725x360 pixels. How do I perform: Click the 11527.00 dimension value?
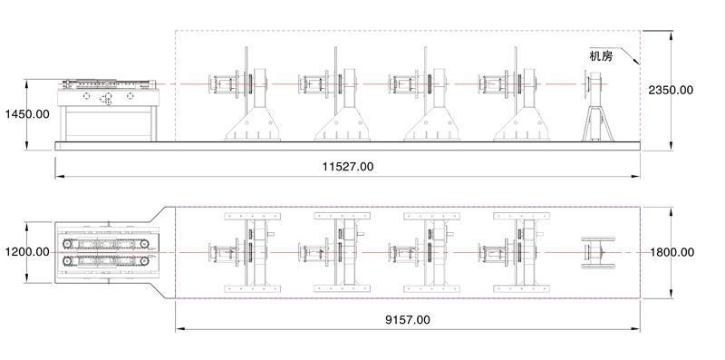click(348, 167)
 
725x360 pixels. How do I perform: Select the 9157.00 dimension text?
click(407, 320)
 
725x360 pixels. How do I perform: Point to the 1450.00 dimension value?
click(27, 114)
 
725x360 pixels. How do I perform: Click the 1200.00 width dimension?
click(27, 252)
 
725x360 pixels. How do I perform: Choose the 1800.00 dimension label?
click(672, 252)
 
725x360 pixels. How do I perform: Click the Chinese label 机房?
click(601, 56)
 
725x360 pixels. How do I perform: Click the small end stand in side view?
click(599, 106)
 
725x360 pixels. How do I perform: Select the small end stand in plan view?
click(598, 253)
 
